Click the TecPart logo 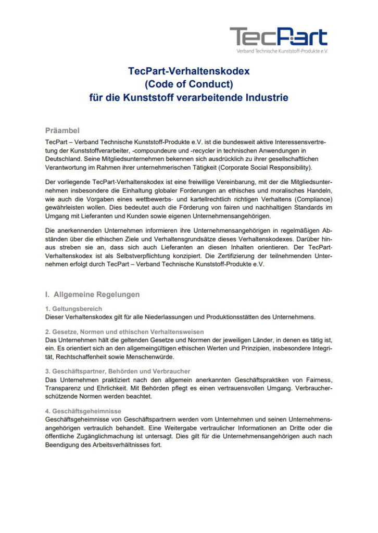[x=279, y=36]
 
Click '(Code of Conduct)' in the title [x=188, y=84]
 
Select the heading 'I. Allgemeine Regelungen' [x=92, y=294]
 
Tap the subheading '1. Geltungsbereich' [x=73, y=309]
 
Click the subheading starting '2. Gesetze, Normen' [x=124, y=332]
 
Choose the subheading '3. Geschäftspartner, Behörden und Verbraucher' [x=117, y=371]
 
